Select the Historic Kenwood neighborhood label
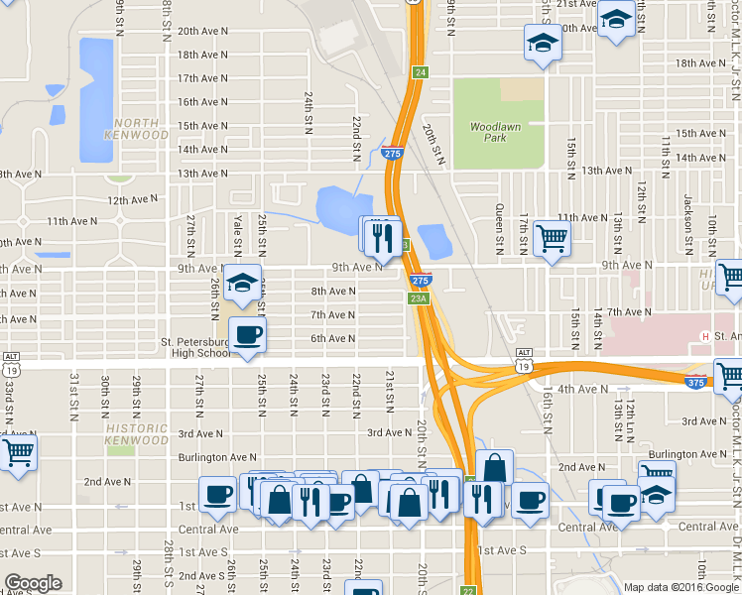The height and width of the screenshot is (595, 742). (137, 433)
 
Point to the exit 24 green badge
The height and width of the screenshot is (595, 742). (421, 72)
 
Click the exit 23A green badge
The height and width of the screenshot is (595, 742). (418, 297)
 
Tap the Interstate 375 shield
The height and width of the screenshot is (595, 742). (696, 382)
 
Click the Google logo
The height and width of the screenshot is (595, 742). (33, 583)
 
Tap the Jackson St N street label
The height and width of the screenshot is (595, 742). (686, 208)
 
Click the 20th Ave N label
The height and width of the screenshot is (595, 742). (202, 31)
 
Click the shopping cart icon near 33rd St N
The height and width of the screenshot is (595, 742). (18, 452)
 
